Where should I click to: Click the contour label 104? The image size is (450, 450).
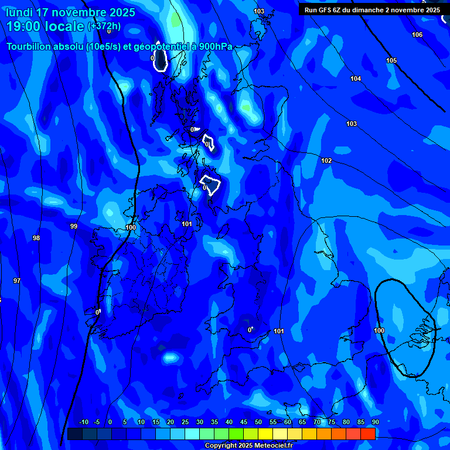(356, 79)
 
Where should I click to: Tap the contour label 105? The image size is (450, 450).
(391, 61)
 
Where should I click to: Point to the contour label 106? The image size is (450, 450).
(417, 35)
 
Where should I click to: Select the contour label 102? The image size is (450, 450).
(326, 161)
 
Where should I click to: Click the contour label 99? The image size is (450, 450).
(74, 226)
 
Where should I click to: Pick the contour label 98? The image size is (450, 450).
(36, 238)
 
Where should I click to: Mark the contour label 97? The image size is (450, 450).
(17, 281)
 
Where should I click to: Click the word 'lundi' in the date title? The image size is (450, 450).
(19, 12)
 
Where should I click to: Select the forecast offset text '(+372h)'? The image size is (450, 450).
(104, 26)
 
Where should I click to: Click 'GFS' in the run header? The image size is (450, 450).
(324, 10)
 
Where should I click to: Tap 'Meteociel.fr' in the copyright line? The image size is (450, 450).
(270, 445)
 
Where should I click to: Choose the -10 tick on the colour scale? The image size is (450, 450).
(83, 422)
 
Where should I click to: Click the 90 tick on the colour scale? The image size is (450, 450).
(375, 422)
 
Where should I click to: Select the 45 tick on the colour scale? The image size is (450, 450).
(243, 422)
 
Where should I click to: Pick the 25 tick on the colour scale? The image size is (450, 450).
(185, 422)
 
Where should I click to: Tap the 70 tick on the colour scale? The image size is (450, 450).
(316, 422)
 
